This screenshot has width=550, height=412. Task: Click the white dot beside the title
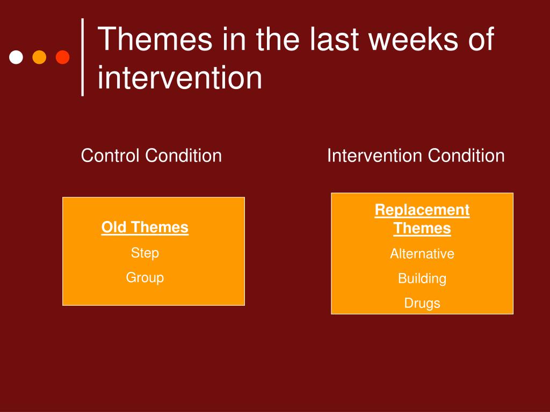tap(16, 57)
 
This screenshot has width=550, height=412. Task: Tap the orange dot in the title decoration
tap(39, 57)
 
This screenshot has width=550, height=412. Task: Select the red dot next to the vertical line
tap(63, 57)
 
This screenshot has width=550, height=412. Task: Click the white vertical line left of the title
tap(82, 57)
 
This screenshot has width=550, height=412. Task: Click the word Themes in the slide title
tap(155, 39)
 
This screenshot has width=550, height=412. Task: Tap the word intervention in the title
tap(179, 77)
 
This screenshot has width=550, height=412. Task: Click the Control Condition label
tap(151, 155)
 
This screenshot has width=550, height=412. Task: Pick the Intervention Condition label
tap(416, 155)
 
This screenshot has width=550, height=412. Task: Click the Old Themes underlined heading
tap(145, 227)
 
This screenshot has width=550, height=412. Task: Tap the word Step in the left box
tap(145, 253)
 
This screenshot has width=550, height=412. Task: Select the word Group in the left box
tap(145, 277)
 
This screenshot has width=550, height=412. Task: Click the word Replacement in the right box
tap(422, 210)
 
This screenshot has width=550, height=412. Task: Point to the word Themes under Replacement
tap(422, 228)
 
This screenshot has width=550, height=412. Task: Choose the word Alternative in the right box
tap(422, 254)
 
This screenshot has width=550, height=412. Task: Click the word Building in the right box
tap(422, 278)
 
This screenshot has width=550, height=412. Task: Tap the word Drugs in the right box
tap(422, 304)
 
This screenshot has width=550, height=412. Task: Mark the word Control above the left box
tap(110, 155)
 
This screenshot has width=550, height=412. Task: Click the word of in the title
tap(481, 39)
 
